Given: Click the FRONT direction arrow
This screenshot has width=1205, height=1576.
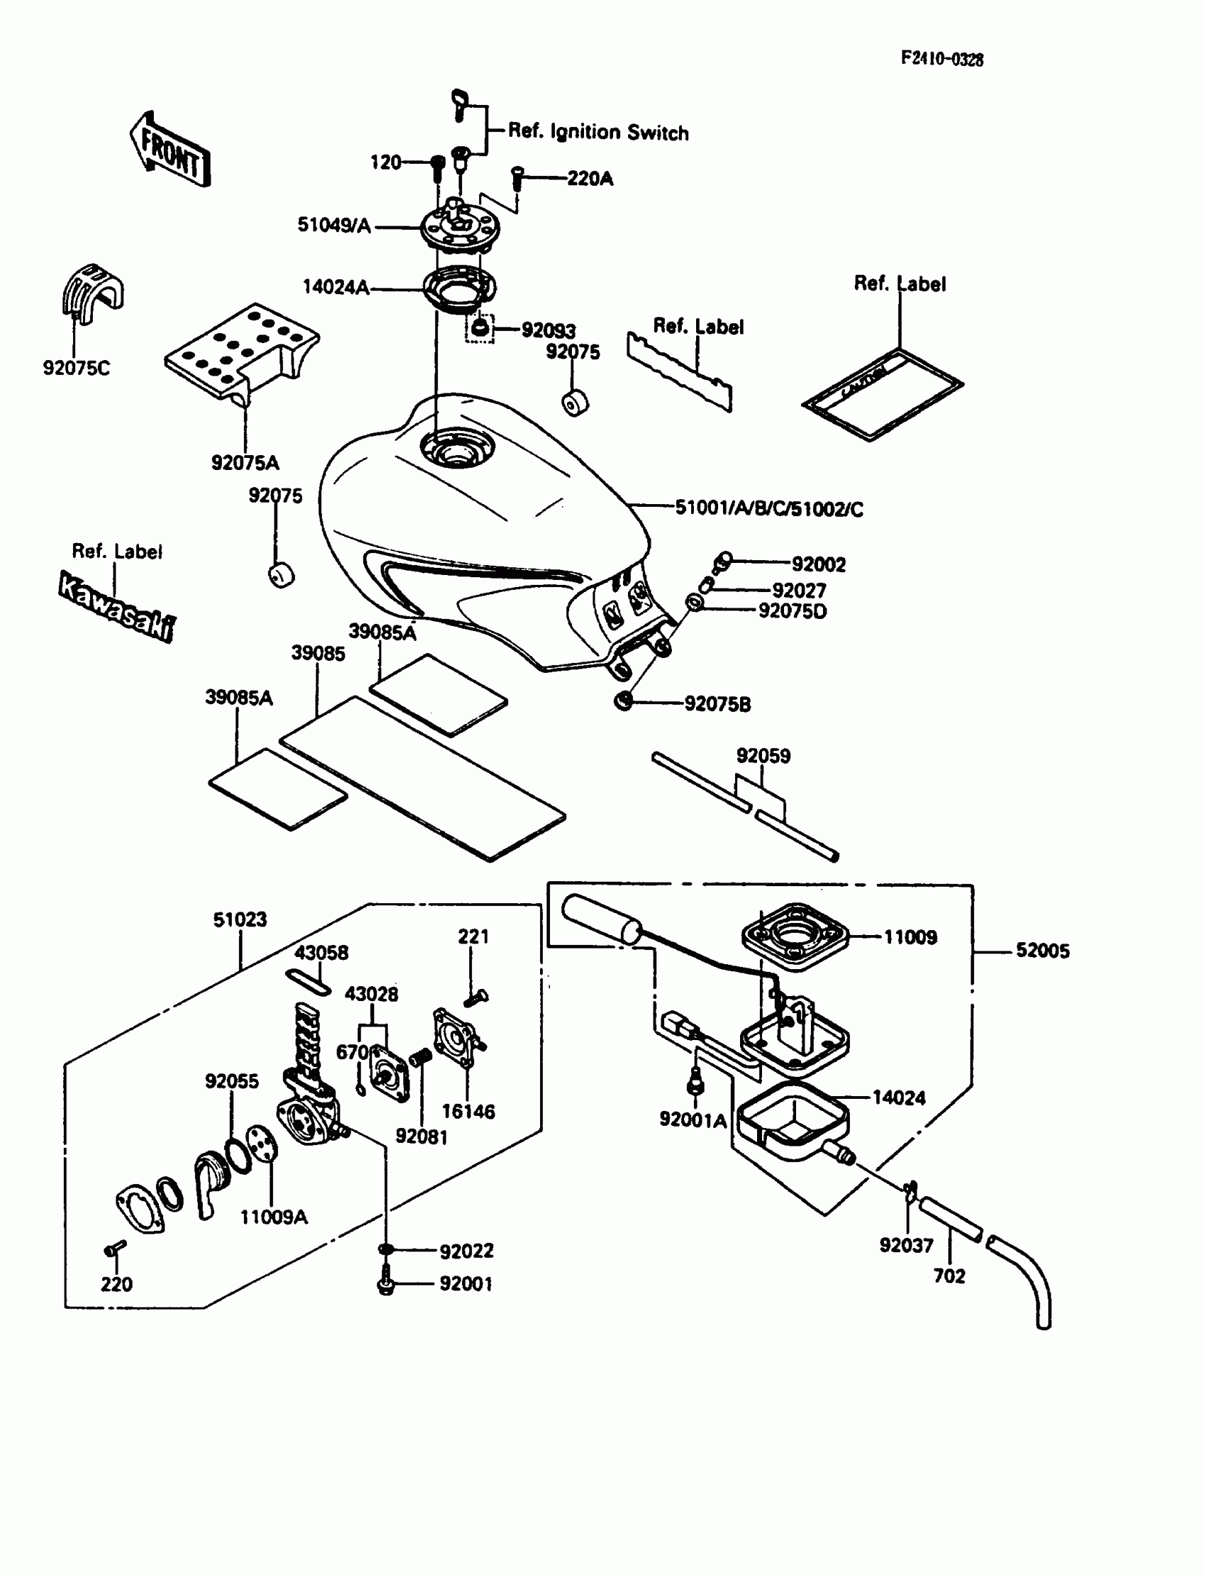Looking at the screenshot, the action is coord(171,150).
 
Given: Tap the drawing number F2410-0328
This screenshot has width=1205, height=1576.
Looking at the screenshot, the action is coord(942,59).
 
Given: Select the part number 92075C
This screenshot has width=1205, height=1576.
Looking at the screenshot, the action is coord(76,368).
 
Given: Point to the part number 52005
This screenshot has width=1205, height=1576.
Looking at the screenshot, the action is coord(1042,951).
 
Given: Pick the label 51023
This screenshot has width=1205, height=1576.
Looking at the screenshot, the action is coord(240,919).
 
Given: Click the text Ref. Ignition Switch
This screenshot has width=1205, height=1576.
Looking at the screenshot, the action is coord(598,132).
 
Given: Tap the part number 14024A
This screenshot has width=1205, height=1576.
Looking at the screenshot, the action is coord(336,287).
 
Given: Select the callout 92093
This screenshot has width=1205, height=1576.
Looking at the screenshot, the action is coord(549,330).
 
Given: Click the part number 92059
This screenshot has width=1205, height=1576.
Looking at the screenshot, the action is coord(763,756).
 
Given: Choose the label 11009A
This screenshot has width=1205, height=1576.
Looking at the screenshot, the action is coord(274,1217).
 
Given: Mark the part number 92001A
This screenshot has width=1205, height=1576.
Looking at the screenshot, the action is coord(693,1119).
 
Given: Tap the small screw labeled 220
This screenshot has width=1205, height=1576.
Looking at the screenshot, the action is coord(115,1248).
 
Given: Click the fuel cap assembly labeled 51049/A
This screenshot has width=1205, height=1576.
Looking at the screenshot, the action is coord(460,228).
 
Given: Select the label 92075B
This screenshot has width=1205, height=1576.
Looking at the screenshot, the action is coord(717,705).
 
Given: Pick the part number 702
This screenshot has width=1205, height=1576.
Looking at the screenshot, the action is coord(949,1276).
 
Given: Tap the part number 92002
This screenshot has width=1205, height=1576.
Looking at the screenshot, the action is coord(819,564).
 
